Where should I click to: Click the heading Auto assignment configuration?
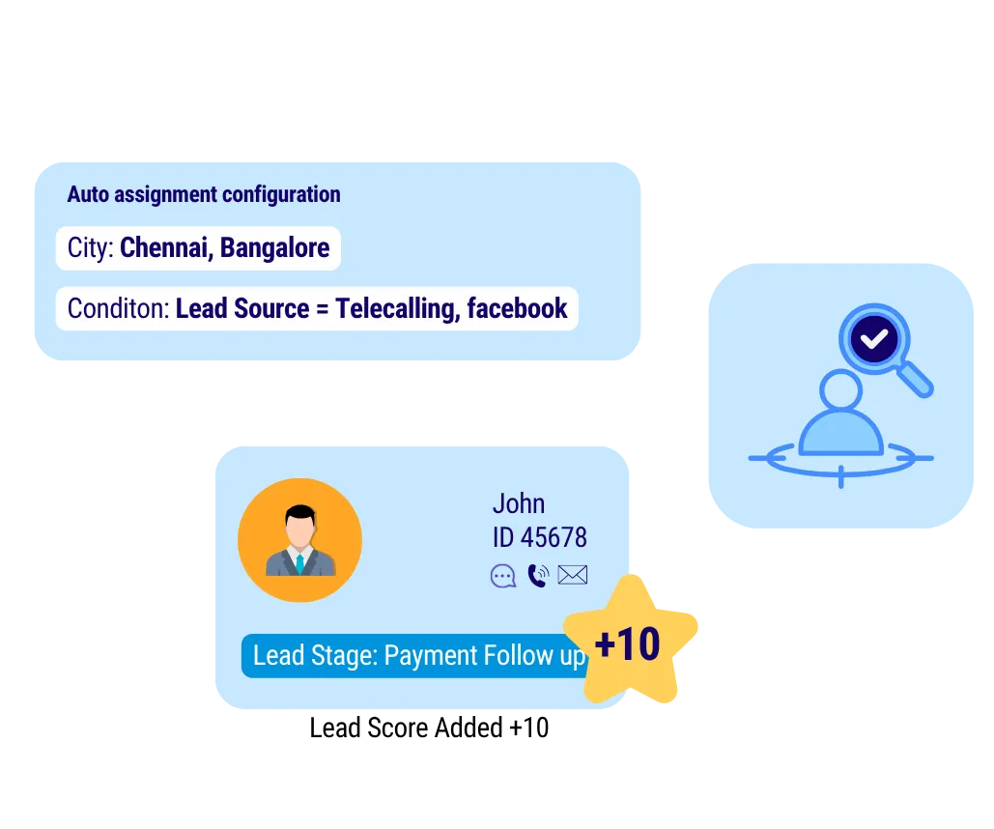point(204,194)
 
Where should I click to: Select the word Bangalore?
point(275,248)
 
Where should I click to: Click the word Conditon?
point(118,309)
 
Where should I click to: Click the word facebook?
point(517,309)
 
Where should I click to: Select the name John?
point(519,503)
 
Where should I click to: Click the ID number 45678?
point(554,537)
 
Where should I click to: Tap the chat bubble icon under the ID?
point(503,577)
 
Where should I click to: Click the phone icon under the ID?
point(538,577)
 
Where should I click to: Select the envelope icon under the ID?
point(573,576)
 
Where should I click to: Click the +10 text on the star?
point(628,644)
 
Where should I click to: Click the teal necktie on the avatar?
point(299,564)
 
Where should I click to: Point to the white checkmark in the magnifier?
point(875,339)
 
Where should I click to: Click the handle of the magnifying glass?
point(919,382)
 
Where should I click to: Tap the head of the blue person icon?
point(840,391)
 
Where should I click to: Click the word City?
point(91,248)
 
